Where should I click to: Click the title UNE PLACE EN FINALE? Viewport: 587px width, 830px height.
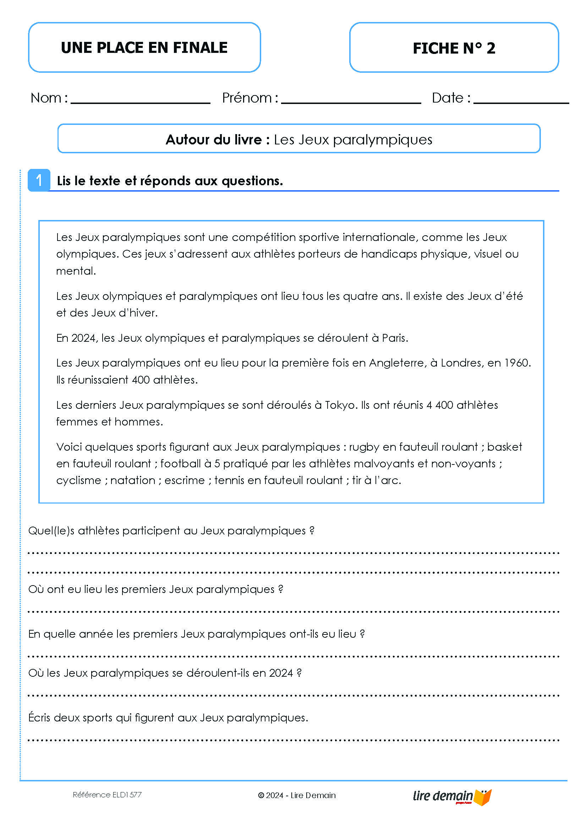tap(144, 48)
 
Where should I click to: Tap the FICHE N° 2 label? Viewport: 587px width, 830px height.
tap(454, 48)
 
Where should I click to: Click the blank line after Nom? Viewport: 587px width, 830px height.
tap(140, 101)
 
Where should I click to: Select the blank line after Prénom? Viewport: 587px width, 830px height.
tap(351, 101)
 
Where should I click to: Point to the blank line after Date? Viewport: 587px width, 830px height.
tap(521, 101)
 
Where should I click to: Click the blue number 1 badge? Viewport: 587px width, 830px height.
tap(39, 180)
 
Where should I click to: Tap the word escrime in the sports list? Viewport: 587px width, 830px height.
tap(185, 480)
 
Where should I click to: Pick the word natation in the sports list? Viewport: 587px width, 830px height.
tap(133, 480)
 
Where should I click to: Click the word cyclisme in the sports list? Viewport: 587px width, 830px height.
tap(78, 480)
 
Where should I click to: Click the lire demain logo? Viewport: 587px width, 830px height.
tap(452, 796)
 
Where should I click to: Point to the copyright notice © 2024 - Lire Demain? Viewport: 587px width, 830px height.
tap(297, 795)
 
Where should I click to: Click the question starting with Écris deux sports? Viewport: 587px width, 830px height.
tap(168, 718)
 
